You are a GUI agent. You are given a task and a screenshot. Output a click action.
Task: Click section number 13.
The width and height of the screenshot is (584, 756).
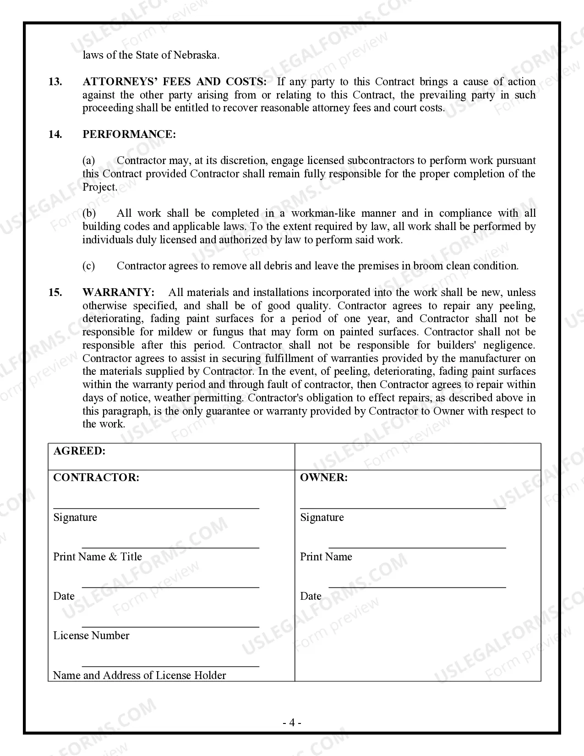[x=55, y=82]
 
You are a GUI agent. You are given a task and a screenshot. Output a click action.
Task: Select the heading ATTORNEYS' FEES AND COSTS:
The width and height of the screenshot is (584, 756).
[x=174, y=82]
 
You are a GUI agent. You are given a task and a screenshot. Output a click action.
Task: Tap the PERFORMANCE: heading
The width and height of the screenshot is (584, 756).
[x=129, y=134]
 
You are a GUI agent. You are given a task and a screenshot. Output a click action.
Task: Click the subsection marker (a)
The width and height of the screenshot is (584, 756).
[x=89, y=160]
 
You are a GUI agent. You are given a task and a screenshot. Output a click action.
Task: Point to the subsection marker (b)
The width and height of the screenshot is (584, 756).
[x=89, y=213]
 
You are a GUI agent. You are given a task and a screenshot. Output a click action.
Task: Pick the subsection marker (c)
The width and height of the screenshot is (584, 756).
[x=89, y=266]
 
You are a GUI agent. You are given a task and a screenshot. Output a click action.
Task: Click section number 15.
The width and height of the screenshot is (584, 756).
[x=55, y=292]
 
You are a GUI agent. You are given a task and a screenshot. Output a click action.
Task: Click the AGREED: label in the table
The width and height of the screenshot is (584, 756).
[x=79, y=451]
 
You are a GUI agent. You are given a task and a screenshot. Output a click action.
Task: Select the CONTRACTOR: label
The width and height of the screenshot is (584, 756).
[x=96, y=477]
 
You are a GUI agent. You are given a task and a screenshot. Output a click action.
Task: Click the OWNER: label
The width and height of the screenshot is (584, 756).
[x=324, y=477]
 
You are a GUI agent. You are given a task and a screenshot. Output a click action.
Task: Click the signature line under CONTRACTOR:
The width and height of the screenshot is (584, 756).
[x=156, y=508]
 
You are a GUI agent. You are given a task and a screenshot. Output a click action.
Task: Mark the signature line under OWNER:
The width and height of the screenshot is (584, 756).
[x=403, y=508]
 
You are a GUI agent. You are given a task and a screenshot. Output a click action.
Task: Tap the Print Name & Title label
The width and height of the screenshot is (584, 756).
[x=98, y=557]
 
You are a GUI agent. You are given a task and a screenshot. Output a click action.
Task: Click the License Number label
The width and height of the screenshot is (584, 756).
[x=91, y=635]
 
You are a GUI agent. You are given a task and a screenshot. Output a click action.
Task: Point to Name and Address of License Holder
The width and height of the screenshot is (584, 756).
[x=139, y=675]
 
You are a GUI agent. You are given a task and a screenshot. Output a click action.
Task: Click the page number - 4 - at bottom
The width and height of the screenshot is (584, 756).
[x=292, y=723]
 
